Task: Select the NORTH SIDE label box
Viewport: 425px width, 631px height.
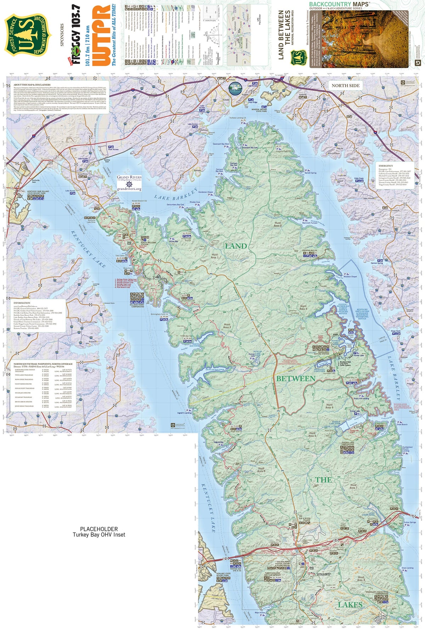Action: click(x=345, y=86)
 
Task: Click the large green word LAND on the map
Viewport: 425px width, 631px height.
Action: click(x=236, y=246)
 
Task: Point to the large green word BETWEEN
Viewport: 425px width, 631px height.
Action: click(x=296, y=379)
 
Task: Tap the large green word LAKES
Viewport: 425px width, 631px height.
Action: click(x=350, y=604)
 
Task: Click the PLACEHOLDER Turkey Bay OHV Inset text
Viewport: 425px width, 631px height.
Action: click(x=99, y=532)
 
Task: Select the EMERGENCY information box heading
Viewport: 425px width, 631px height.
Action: click(x=386, y=166)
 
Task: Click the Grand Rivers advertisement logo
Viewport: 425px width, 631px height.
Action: click(x=129, y=183)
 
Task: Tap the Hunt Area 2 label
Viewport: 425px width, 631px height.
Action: click(x=278, y=224)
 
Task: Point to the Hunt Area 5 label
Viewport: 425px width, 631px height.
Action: click(x=261, y=470)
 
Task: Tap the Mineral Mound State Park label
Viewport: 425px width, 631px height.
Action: click(x=261, y=110)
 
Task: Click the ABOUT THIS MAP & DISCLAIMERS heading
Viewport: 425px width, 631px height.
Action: click(x=32, y=85)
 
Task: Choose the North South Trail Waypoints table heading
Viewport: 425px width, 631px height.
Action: click(x=43, y=364)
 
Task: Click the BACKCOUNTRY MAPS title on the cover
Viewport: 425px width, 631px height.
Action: click(x=339, y=4)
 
